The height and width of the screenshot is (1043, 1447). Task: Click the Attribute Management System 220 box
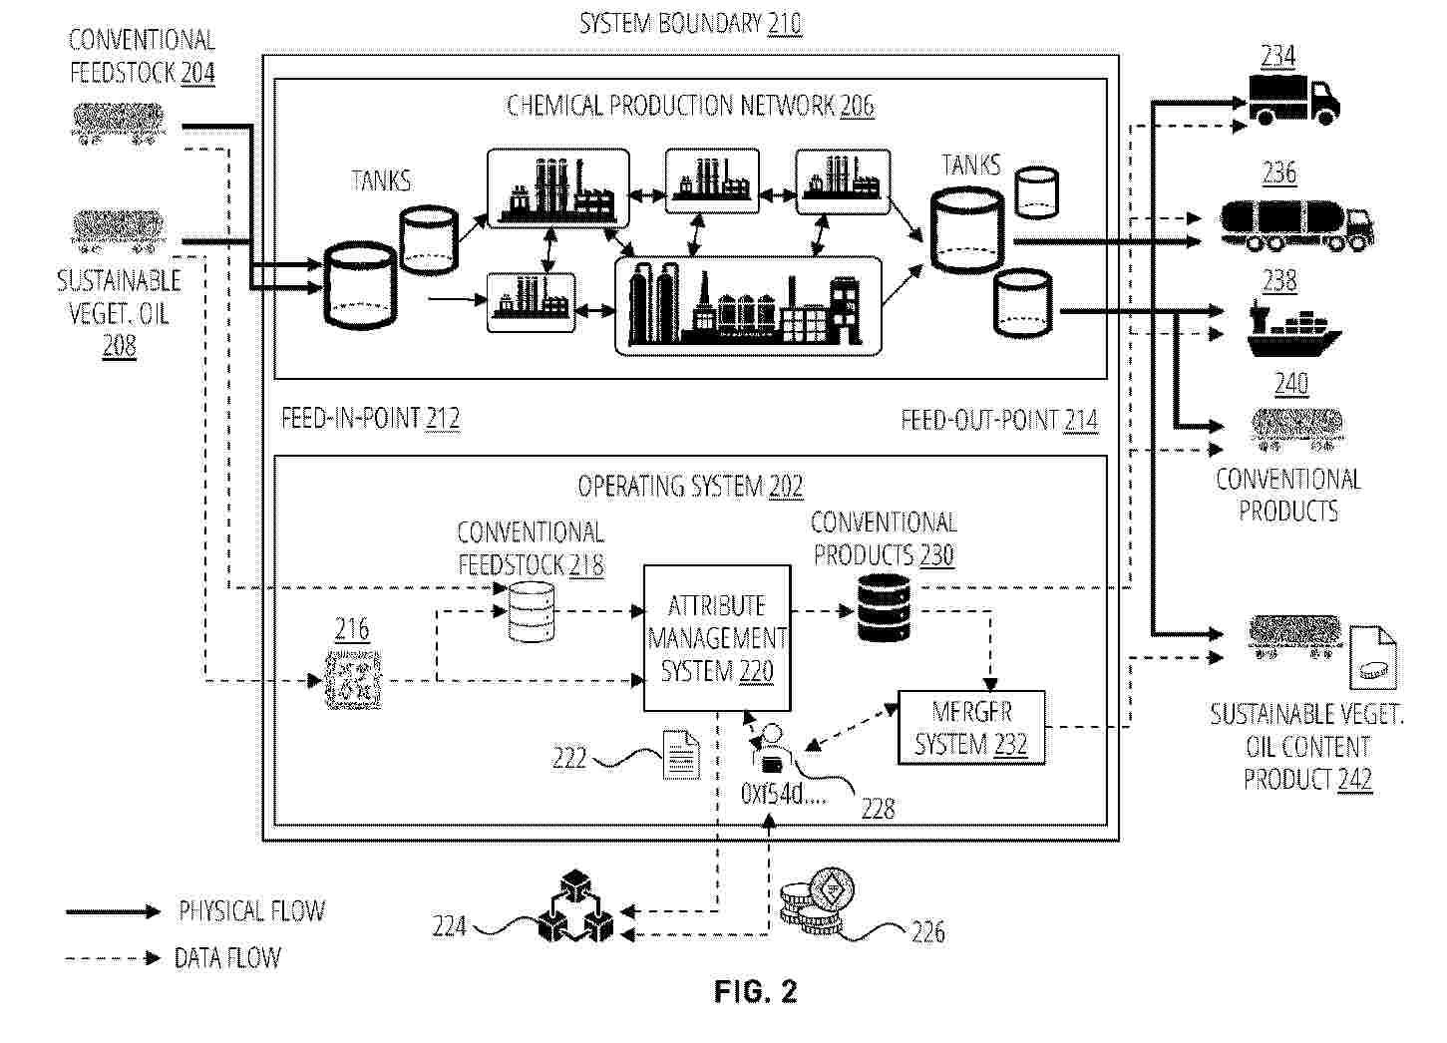click(x=717, y=638)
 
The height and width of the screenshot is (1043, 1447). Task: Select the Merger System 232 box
click(x=971, y=728)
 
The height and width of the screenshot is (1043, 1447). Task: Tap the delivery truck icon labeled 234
click(x=1293, y=100)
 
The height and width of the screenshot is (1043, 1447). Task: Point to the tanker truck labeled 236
click(x=1296, y=225)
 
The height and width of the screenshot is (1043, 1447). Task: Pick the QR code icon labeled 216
click(x=353, y=680)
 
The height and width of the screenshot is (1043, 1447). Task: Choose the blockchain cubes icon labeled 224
click(x=575, y=906)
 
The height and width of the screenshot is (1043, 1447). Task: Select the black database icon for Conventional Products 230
click(x=883, y=608)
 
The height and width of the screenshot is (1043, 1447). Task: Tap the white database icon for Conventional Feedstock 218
click(x=531, y=612)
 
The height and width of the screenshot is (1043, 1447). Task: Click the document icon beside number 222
click(x=682, y=754)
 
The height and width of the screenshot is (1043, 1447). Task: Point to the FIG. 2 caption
click(x=755, y=991)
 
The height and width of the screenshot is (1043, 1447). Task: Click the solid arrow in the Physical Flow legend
click(x=113, y=912)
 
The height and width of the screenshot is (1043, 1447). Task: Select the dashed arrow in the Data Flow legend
click(x=113, y=958)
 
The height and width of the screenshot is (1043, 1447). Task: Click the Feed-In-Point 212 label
click(x=371, y=419)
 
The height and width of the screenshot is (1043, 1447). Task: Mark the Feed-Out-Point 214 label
click(x=999, y=421)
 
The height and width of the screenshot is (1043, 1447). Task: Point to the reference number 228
click(x=878, y=809)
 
